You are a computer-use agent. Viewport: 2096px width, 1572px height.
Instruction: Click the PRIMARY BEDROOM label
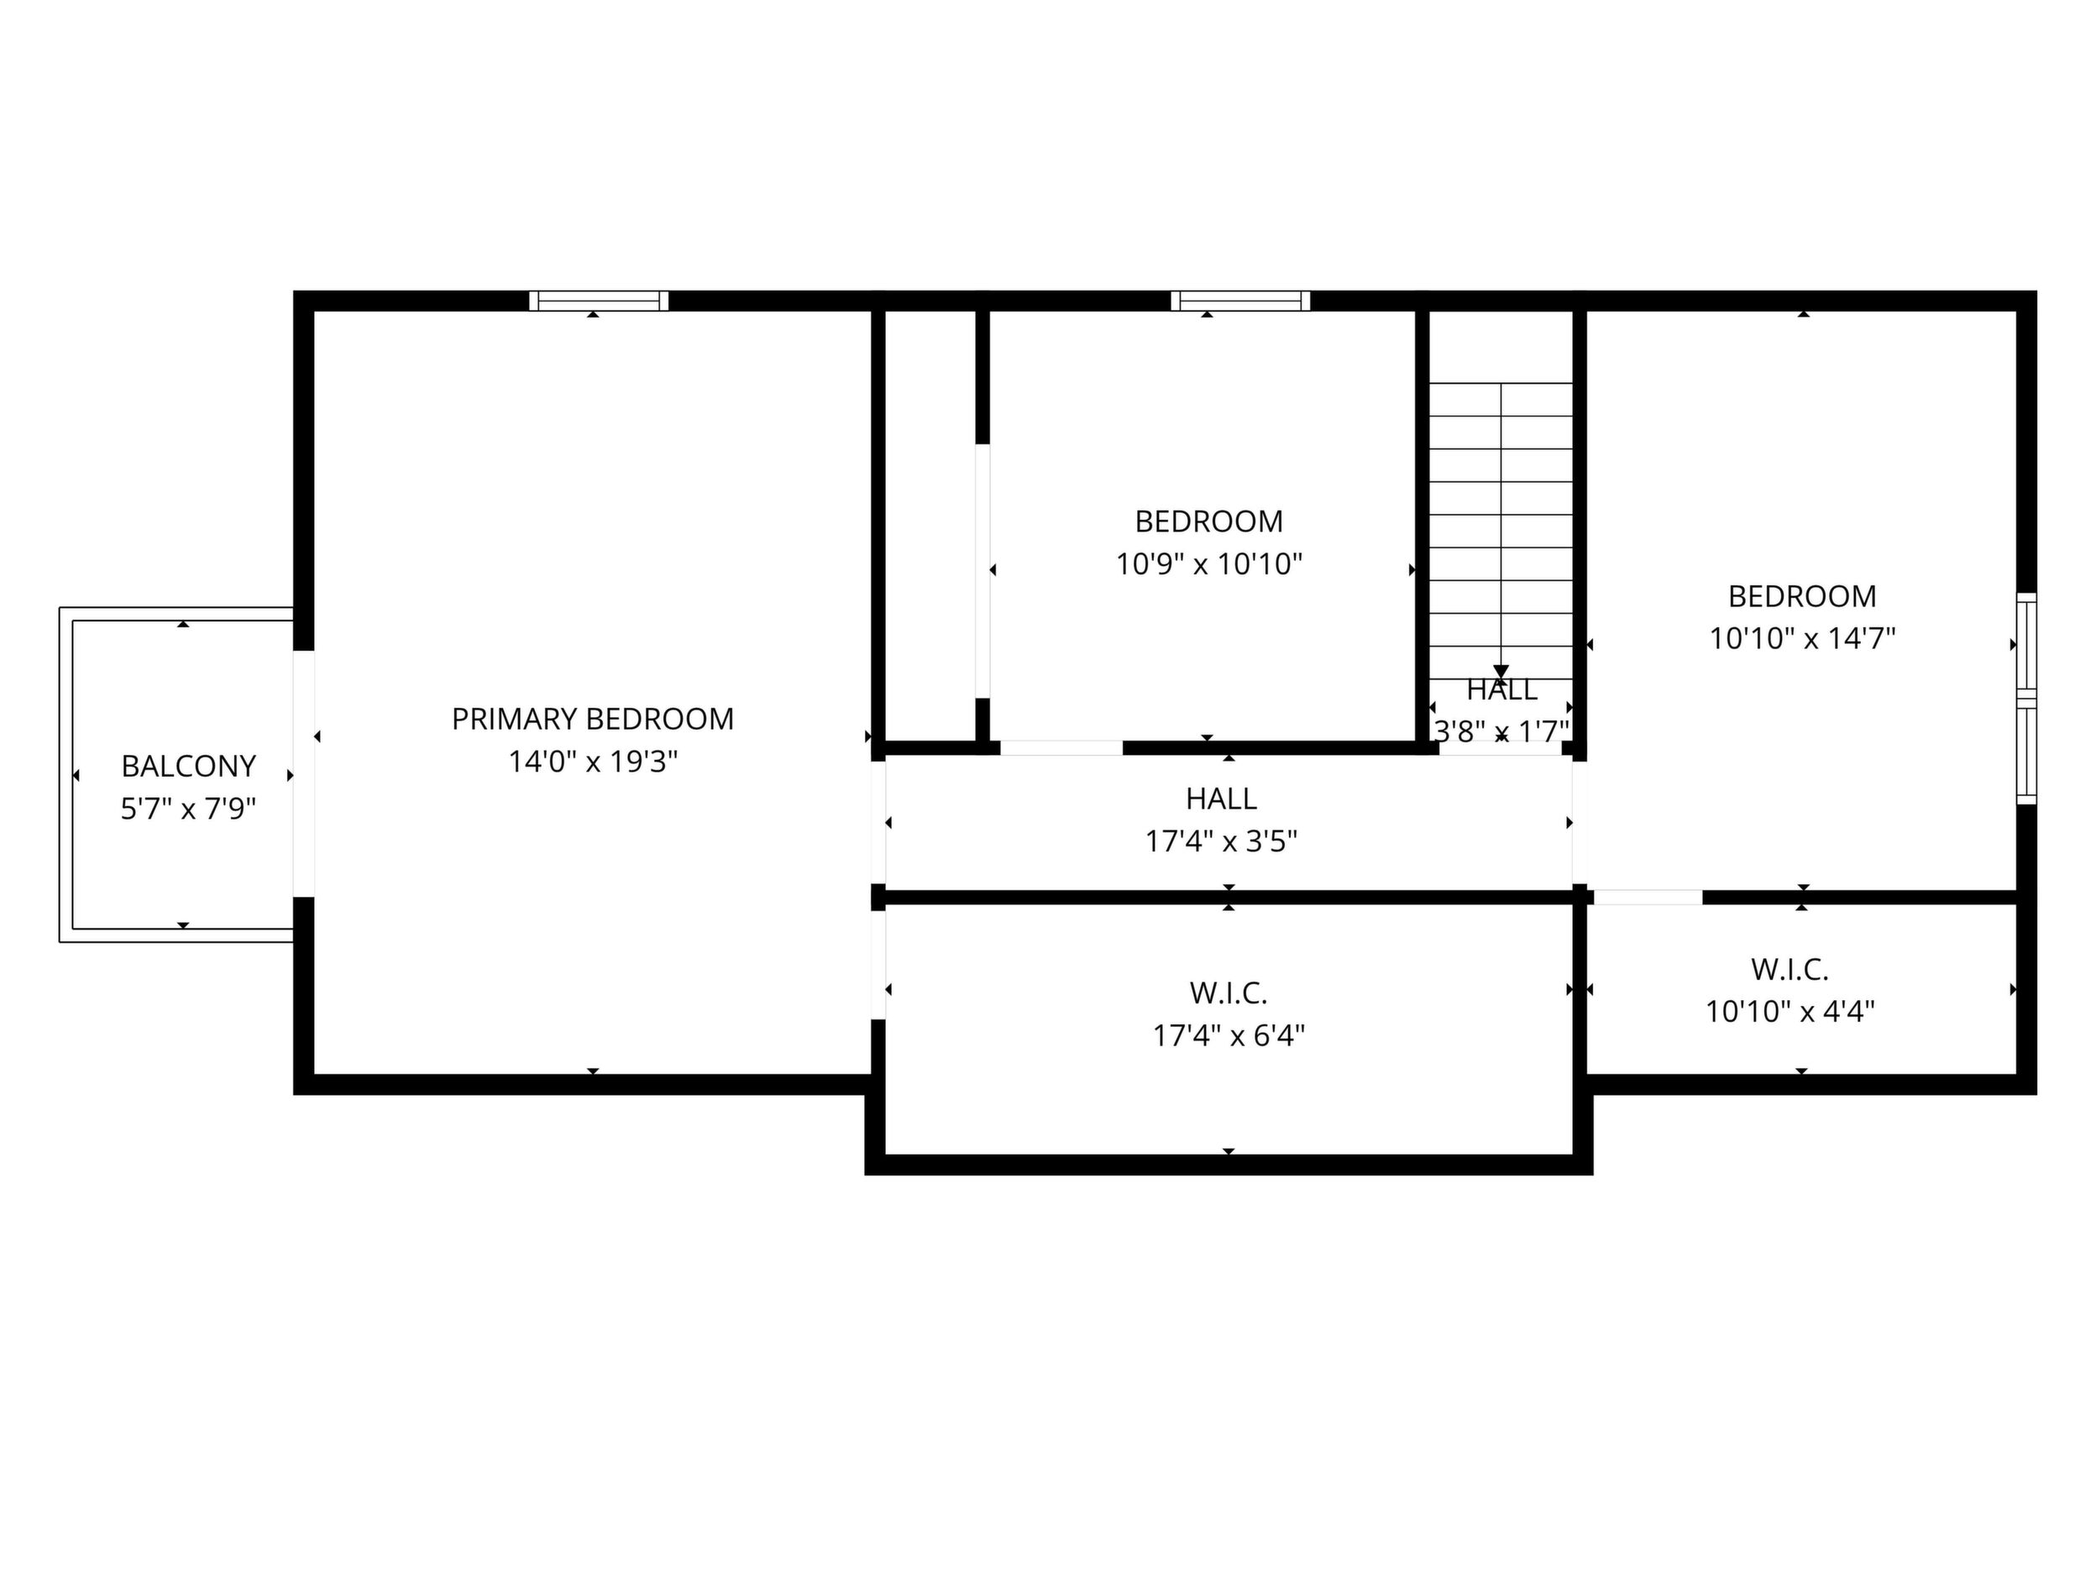pos(592,719)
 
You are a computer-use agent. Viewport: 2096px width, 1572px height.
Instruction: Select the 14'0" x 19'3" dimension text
pos(593,762)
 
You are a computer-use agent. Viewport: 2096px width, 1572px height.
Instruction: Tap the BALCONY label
pos(189,766)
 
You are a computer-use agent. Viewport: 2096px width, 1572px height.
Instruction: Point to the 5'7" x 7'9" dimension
pos(189,809)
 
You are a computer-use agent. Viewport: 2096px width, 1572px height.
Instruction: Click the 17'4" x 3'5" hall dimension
pos(1221,841)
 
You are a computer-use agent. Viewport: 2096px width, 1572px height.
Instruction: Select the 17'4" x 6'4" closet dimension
pos(1229,1035)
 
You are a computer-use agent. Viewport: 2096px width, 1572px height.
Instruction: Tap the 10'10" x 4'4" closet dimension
pos(1790,1012)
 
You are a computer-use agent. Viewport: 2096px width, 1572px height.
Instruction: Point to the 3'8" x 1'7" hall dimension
pos(1501,731)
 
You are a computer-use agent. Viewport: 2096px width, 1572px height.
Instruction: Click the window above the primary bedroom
pos(599,301)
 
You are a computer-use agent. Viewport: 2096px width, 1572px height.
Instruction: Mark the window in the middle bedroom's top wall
pos(1240,301)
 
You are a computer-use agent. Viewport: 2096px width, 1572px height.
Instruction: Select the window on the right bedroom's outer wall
pos(2025,699)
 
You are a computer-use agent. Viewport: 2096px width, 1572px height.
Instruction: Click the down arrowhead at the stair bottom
pos(1501,672)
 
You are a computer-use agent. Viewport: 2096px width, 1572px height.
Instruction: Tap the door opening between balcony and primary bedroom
pos(303,773)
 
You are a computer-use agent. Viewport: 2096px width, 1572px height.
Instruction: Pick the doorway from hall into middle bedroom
pos(1061,747)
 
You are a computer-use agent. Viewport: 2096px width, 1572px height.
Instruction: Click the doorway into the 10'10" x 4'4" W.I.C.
pos(1648,898)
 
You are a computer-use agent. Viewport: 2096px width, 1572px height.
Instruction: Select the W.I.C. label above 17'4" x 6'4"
pos(1229,993)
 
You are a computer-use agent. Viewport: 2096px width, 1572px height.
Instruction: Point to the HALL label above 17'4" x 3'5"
pos(1221,799)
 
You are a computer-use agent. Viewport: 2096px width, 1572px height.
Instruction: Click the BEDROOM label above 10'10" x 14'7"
pos(1802,596)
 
